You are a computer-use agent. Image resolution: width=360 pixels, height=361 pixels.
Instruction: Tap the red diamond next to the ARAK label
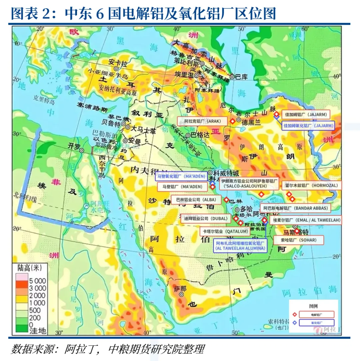click(232, 122)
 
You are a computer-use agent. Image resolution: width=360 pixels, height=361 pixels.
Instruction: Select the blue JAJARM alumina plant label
click(308, 126)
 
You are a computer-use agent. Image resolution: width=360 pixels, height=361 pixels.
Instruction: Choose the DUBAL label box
click(205, 219)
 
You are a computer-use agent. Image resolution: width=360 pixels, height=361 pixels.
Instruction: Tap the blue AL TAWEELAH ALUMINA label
click(240, 246)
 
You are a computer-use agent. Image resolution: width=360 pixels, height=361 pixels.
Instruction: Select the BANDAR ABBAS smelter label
click(295, 209)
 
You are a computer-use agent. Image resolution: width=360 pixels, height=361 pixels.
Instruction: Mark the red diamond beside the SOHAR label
click(297, 230)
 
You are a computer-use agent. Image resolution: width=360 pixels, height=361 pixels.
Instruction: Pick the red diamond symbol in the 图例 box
click(295, 314)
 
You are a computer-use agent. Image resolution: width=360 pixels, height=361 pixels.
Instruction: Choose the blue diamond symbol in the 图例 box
click(295, 322)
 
